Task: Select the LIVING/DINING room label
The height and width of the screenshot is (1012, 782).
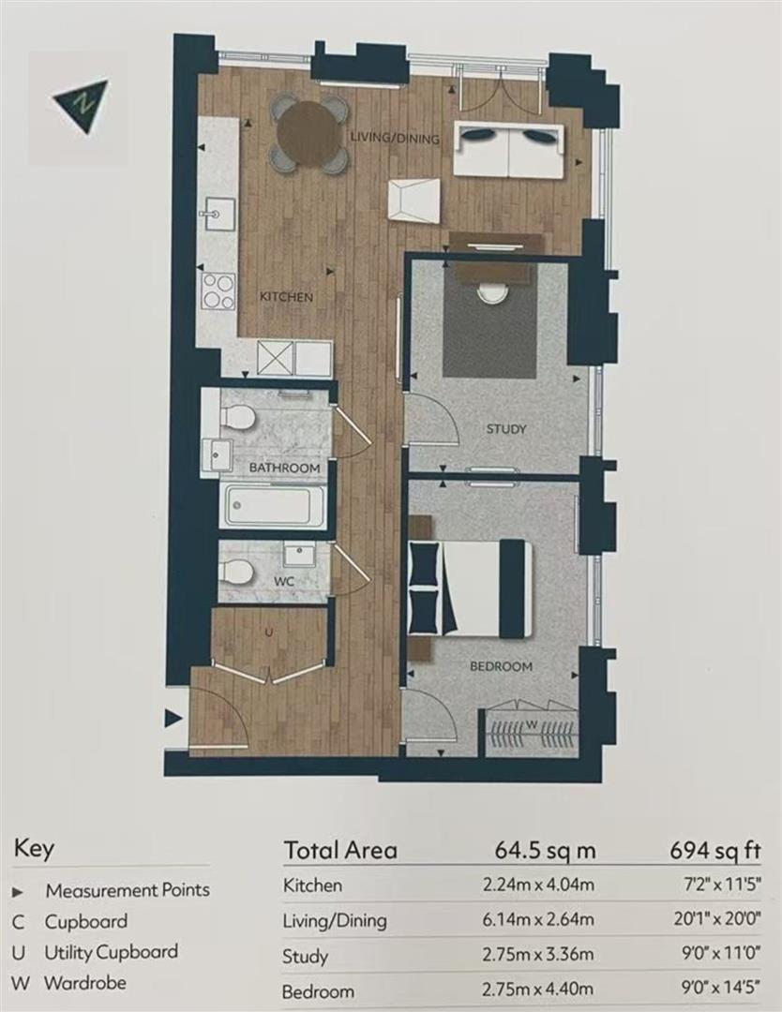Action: [x=395, y=138]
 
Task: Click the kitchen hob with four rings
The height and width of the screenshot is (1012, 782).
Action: [x=218, y=291]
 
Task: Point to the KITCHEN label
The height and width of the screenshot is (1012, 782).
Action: [x=286, y=298]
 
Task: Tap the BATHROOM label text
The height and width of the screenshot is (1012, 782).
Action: [x=285, y=468]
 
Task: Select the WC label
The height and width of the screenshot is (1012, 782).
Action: [x=283, y=582]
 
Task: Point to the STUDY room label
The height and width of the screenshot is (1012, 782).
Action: [x=507, y=428]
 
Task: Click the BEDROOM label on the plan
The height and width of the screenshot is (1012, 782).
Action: [x=501, y=666]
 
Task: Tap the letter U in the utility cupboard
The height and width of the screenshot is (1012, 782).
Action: [x=269, y=632]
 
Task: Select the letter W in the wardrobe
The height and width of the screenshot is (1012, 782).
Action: [x=532, y=724]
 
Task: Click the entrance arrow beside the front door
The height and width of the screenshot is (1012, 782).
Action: [x=173, y=719]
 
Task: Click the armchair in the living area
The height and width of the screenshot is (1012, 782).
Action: [x=414, y=201]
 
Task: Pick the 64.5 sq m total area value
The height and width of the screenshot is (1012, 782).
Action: [x=545, y=850]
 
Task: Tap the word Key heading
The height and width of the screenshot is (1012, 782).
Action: [x=35, y=849]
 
